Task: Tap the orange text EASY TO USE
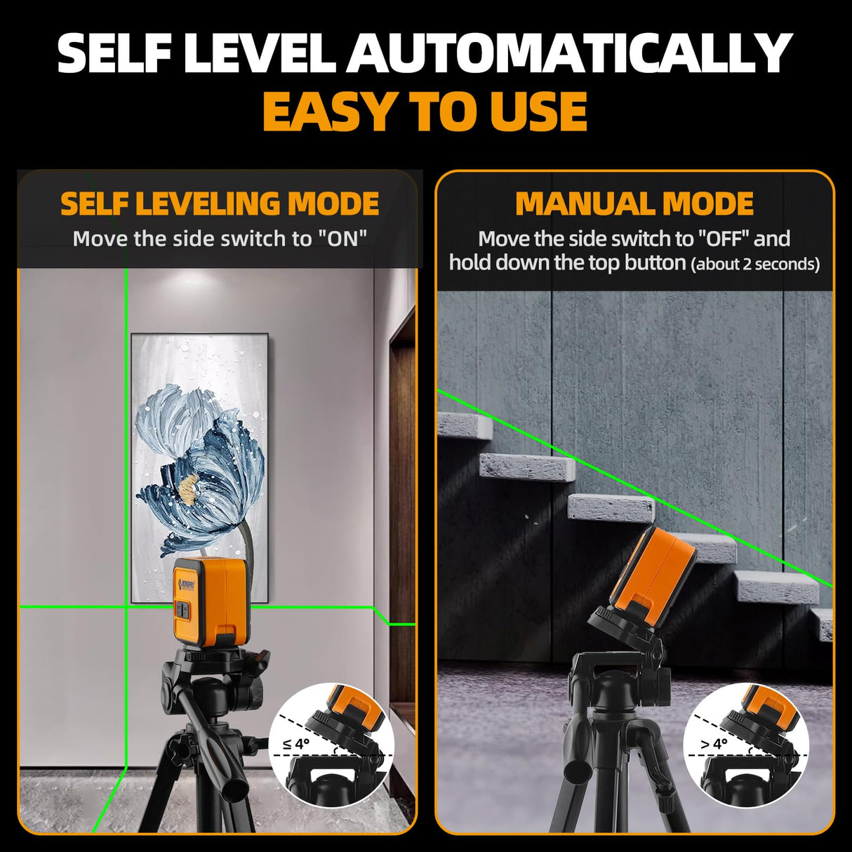425,112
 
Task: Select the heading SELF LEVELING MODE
220,204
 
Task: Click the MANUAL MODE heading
634,204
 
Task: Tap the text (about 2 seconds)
755,265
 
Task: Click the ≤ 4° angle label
295,744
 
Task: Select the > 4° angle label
713,744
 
